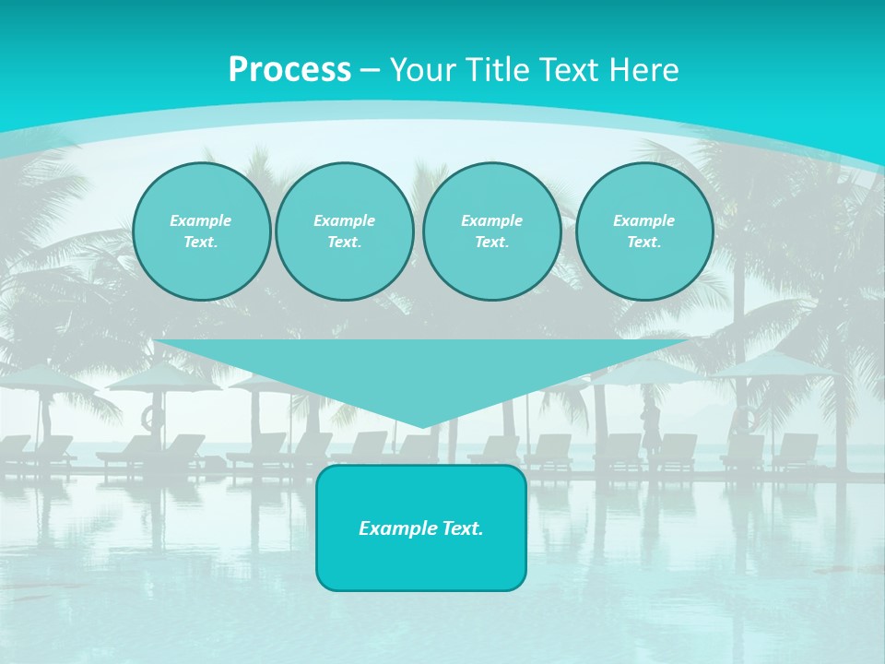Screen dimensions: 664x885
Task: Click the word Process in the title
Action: pos(289,70)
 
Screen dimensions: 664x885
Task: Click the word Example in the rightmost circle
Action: pos(643,220)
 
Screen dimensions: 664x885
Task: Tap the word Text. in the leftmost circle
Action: pos(201,243)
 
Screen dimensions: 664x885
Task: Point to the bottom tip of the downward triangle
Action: pos(422,425)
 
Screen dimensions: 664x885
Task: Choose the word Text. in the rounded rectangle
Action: pos(463,528)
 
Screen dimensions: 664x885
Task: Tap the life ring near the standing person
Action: pos(745,420)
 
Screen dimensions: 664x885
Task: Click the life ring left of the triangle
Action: pos(151,418)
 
